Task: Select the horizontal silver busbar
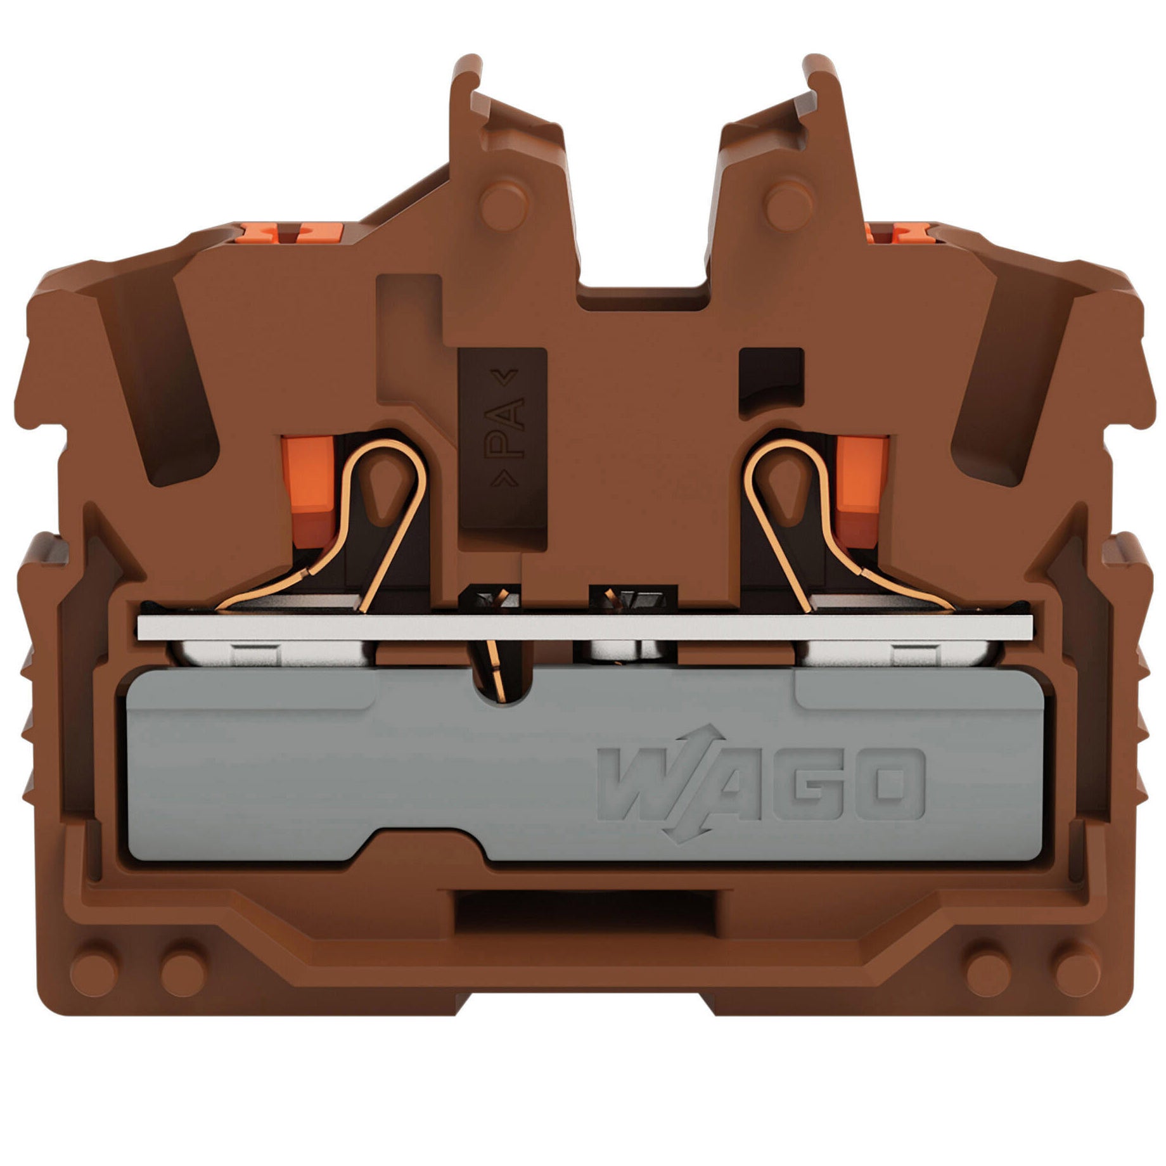tap(586, 627)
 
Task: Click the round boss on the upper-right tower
tap(790, 203)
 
